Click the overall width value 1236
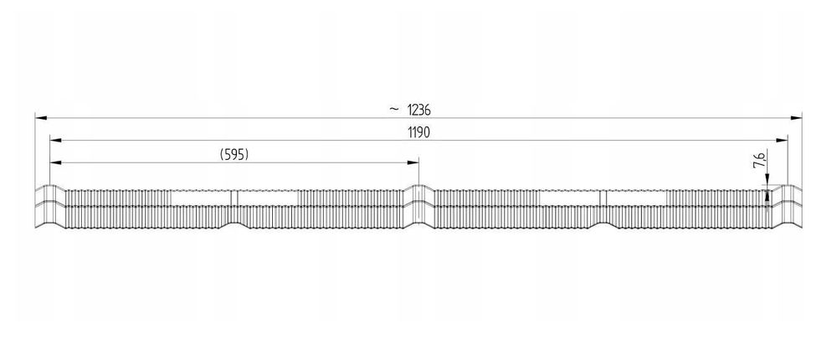[x=418, y=110]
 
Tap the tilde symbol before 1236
[x=394, y=109]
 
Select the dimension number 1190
[x=419, y=132]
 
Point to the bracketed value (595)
[x=234, y=154]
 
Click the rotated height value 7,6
[x=760, y=160]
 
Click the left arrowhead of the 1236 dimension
[x=41, y=117]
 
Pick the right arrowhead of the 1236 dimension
[x=797, y=117]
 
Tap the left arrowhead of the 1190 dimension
[x=55, y=140]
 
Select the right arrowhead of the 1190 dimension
[x=782, y=140]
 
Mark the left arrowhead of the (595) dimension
[x=55, y=162]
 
